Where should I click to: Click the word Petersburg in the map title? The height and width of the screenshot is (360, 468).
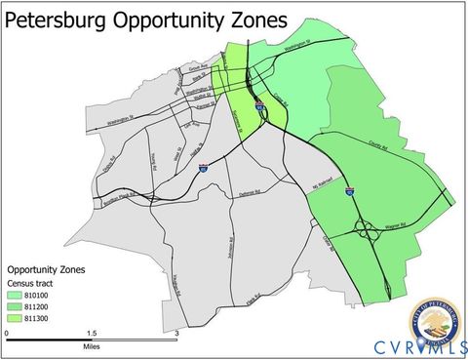(x=69, y=19)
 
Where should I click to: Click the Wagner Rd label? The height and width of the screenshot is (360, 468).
(x=399, y=224)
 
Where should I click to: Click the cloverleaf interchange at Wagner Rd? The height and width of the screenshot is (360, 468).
(x=367, y=232)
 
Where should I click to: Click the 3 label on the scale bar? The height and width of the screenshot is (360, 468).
(x=176, y=333)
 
